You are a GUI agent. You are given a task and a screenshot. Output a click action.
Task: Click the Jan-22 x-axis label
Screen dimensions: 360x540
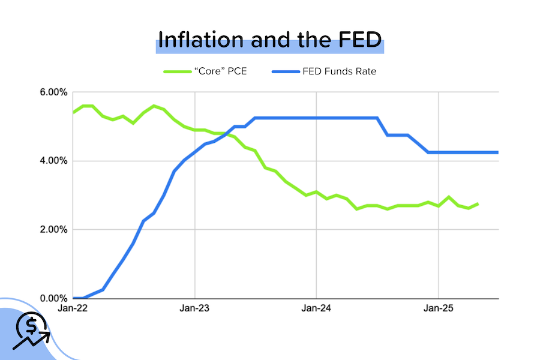click(x=73, y=309)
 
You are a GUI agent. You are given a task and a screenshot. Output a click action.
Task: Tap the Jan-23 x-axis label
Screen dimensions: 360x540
click(x=194, y=309)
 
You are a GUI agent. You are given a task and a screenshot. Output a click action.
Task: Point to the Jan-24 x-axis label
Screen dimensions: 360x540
click(x=316, y=309)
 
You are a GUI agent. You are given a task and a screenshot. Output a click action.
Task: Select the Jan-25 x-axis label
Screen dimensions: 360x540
click(x=438, y=309)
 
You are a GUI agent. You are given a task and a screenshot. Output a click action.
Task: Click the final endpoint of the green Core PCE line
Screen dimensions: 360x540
click(x=478, y=204)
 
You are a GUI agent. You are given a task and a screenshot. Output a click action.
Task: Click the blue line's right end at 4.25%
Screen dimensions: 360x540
click(x=497, y=152)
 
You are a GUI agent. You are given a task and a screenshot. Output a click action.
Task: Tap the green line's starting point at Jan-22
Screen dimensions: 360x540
click(x=73, y=112)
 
